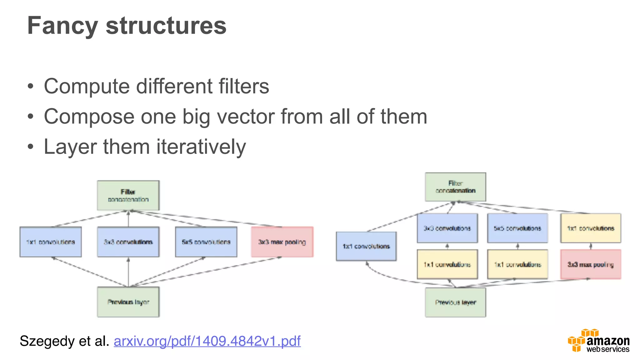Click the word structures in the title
166,26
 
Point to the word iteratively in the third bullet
201,147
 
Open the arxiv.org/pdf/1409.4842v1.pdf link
207,341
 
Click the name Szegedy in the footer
47,341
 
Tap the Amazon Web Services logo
598,341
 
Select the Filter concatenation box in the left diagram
128,196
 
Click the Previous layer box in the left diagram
128,302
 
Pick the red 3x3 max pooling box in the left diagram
282,242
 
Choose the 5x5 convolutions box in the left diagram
206,242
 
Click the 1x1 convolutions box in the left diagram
51,242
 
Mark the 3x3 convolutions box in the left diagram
128,242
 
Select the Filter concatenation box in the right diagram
455,187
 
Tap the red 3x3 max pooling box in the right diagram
591,264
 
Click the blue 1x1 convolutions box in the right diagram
366,246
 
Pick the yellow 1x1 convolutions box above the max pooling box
591,228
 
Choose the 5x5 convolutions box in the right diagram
517,228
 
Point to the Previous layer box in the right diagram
455,302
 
